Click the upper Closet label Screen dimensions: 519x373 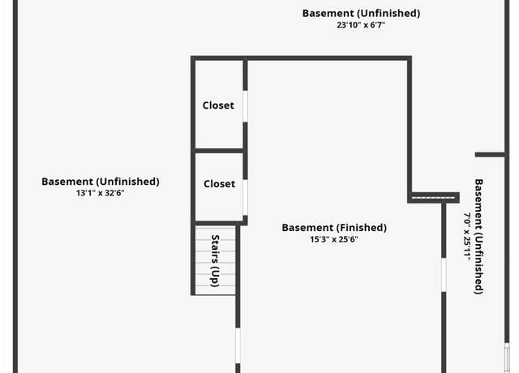218,105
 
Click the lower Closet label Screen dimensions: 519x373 219,184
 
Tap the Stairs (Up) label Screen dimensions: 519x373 215,261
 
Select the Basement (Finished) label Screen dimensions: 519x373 334,228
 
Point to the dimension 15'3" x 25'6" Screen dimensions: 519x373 334,239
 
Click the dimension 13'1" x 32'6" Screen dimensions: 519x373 100,193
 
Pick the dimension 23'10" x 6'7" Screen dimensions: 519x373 361,25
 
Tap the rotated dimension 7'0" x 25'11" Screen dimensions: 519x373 467,236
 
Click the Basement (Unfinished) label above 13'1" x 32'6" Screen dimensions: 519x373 101,182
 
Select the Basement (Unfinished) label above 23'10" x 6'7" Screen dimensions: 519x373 361,13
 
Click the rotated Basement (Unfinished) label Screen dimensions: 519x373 478,236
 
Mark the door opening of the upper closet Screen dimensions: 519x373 245,106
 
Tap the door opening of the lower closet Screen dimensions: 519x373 245,198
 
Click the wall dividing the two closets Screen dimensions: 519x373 219,151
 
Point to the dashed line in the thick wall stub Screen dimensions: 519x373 433,198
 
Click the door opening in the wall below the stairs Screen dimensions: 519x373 238,346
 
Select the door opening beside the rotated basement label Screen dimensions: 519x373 444,275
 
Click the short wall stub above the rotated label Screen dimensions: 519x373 490,155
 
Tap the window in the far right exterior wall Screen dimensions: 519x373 507,358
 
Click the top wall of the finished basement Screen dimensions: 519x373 301,58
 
